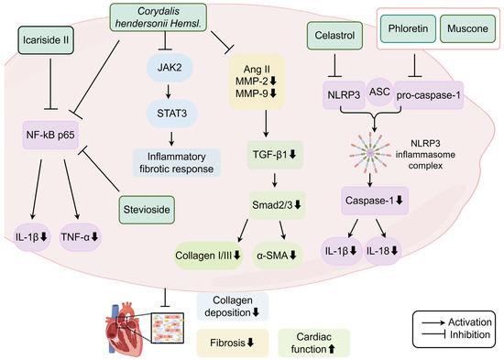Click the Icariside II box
(46, 40)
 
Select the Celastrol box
(334, 36)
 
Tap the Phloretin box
(408, 28)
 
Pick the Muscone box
(467, 28)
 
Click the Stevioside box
(147, 210)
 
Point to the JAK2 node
(170, 68)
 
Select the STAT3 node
(171, 114)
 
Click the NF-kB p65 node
(50, 135)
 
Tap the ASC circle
(379, 92)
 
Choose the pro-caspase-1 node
(429, 95)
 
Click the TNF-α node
(80, 237)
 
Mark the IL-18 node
(382, 251)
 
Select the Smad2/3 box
(277, 205)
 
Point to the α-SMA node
(277, 256)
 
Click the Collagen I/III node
(208, 256)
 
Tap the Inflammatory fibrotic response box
(177, 163)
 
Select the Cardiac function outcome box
(313, 343)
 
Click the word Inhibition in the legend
(469, 335)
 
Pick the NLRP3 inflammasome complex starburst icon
(370, 152)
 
